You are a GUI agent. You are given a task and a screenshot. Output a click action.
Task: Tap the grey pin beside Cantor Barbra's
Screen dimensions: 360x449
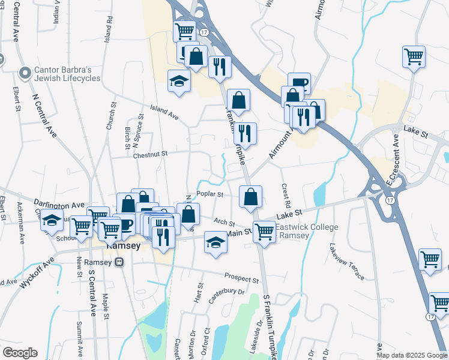coord(25,74)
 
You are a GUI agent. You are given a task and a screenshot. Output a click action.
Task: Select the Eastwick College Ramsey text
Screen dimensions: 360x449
coord(307,231)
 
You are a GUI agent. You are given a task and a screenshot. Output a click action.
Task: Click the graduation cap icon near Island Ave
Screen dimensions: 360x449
coord(179,82)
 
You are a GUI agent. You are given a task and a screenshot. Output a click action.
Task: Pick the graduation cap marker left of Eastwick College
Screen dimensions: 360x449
coord(215,242)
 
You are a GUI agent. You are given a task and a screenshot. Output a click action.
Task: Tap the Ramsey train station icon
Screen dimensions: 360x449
coord(119,262)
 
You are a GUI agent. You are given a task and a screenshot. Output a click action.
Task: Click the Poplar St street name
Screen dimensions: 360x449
coord(211,194)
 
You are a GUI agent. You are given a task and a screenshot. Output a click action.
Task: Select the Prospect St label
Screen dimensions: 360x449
coord(241,278)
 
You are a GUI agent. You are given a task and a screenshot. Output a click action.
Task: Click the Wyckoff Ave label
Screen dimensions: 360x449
coord(37,274)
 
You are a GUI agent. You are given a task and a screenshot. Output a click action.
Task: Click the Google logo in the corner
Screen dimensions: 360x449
coord(19,353)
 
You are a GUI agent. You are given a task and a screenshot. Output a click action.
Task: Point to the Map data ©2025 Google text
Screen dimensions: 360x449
coord(411,355)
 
